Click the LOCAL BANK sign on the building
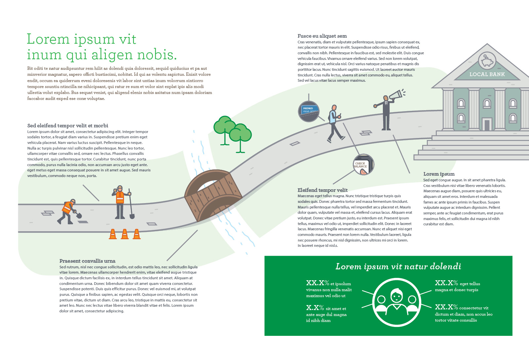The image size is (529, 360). pyautogui.click(x=487, y=74)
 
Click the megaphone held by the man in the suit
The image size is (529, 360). pyautogui.click(x=396, y=95)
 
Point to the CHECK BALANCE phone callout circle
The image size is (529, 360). pyautogui.click(x=363, y=164)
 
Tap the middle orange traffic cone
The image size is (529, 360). pyautogui.click(x=125, y=234)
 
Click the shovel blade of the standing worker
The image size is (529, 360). pyautogui.click(x=132, y=216)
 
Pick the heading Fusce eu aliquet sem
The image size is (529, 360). pyautogui.click(x=322, y=36)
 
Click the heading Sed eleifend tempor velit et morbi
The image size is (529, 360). pyautogui.click(x=68, y=126)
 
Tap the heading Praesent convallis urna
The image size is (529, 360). pyautogui.click(x=87, y=261)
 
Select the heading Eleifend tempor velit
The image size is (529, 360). pyautogui.click(x=322, y=190)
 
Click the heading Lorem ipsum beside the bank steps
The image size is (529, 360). pyautogui.click(x=439, y=174)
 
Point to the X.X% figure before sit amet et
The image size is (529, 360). pyautogui.click(x=315, y=308)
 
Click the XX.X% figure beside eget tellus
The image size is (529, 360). pyautogui.click(x=446, y=283)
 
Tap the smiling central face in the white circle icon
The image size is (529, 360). pyautogui.click(x=396, y=295)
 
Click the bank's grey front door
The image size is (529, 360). pyautogui.click(x=487, y=125)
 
